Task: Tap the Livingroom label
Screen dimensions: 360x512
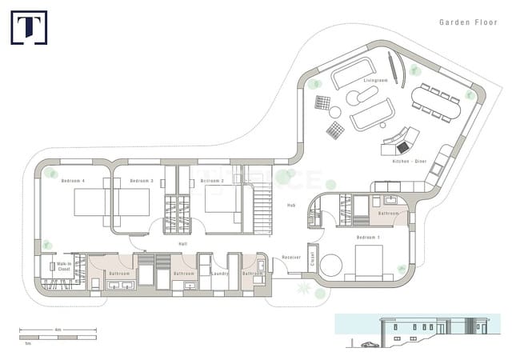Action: coord(375,82)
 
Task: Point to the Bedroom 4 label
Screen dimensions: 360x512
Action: coord(73,181)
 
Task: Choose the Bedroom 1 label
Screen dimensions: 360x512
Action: coord(368,238)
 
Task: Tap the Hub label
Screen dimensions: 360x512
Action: coord(292,206)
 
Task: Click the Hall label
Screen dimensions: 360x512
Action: coord(182,243)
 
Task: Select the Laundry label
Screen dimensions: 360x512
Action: coord(219,274)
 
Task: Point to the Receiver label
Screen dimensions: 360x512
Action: coord(291,258)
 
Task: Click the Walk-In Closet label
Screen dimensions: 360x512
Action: coord(64,266)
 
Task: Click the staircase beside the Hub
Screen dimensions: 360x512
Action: coord(262,206)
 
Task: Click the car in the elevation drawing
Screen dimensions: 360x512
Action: coord(370,345)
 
